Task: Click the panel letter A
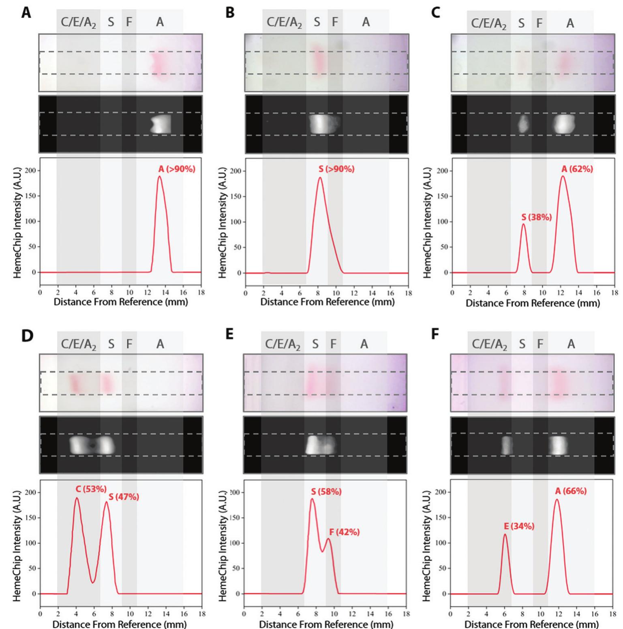point(26,13)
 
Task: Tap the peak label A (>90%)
point(176,169)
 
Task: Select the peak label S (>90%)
point(336,169)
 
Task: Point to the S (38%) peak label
point(536,218)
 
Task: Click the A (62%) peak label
point(577,169)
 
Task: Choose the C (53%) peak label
point(91,489)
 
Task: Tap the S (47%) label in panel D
point(124,497)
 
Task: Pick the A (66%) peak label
point(571,491)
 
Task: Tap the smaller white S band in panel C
point(523,124)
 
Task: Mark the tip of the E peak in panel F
point(505,535)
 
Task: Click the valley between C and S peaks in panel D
point(93,583)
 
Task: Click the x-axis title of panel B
point(327,302)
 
